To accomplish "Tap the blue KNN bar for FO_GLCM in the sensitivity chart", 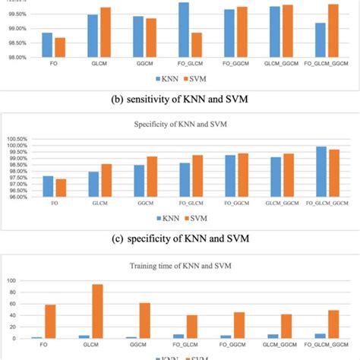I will pyautogui.click(x=184, y=30).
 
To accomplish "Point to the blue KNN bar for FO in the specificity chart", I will pyautogui.click(x=48, y=186).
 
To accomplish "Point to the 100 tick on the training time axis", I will pyautogui.click(x=11, y=280).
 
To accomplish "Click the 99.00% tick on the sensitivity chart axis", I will pyautogui.click(x=17, y=29).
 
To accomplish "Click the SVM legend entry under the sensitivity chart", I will pyautogui.click(x=195, y=78).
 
